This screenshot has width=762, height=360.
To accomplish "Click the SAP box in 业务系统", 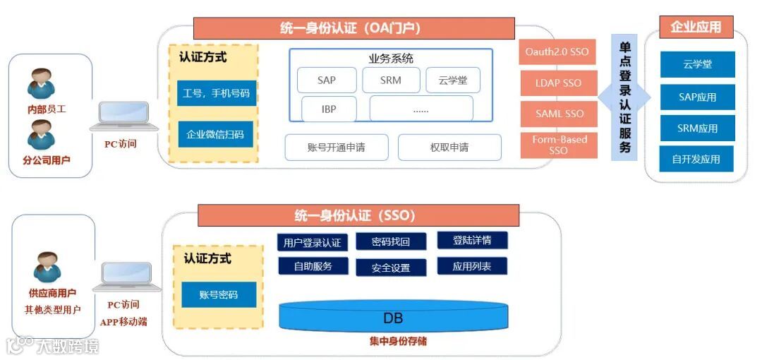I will pyautogui.click(x=327, y=80).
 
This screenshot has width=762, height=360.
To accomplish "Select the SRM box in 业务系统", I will pyautogui.click(x=391, y=80).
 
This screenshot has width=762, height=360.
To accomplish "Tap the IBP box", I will pyautogui.click(x=329, y=109).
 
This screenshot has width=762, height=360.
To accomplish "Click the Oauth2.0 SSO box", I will pyautogui.click(x=557, y=52).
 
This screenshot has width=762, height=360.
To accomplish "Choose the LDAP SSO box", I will pyautogui.click(x=557, y=83).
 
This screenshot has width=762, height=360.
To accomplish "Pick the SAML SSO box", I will pyautogui.click(x=557, y=114).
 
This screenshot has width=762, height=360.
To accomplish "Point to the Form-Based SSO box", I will pyautogui.click(x=557, y=145).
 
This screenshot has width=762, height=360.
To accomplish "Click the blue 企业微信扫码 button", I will pyautogui.click(x=215, y=133).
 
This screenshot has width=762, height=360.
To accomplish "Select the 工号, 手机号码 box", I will pyautogui.click(x=216, y=92).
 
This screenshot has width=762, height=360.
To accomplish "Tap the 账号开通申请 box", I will pyautogui.click(x=337, y=148).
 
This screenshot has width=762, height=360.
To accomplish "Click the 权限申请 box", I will pyautogui.click(x=449, y=148).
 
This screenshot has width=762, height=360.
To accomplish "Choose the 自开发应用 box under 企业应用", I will pyautogui.click(x=696, y=159).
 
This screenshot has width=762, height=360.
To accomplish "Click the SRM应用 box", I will pyautogui.click(x=698, y=128).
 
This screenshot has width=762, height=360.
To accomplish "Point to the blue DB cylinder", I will pyautogui.click(x=393, y=318).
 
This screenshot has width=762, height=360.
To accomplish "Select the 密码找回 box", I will pyautogui.click(x=391, y=241).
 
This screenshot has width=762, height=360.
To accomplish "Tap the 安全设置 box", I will pyautogui.click(x=391, y=268).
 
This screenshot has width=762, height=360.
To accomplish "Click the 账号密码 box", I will pyautogui.click(x=219, y=294).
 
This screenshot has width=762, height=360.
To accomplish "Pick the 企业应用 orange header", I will pyautogui.click(x=696, y=28).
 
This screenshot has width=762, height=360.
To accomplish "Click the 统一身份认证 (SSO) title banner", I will pyautogui.click(x=358, y=215).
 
